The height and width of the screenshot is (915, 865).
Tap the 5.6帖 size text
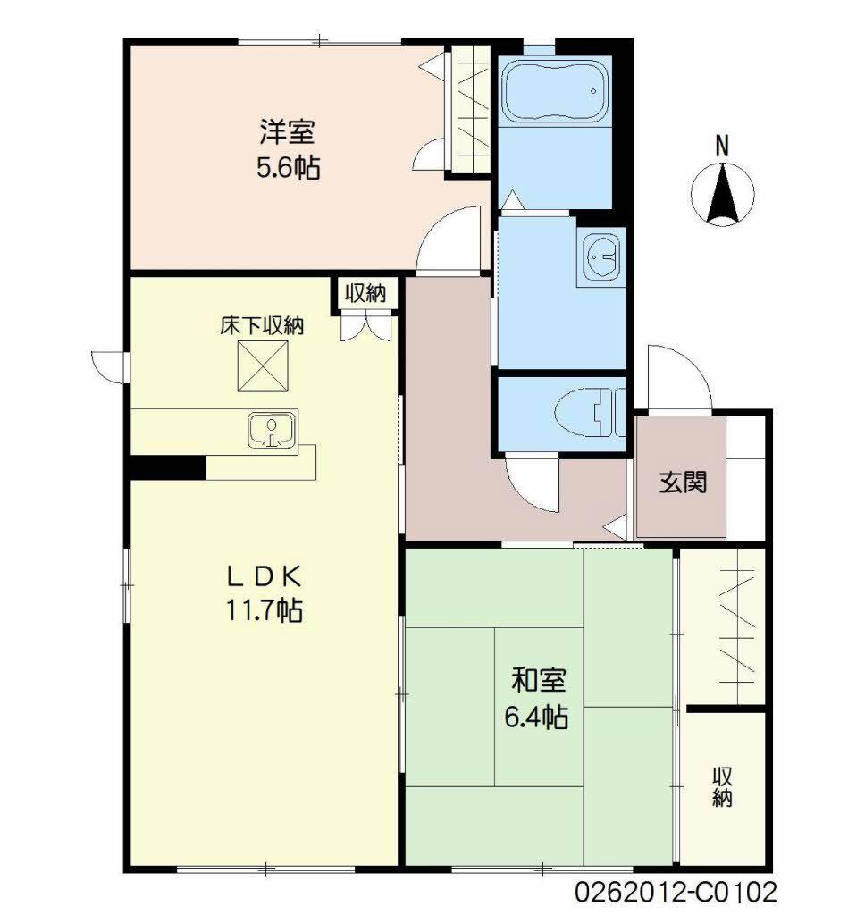coord(288,168)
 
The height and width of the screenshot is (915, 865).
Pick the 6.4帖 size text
coord(538,717)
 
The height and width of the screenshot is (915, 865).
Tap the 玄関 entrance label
coord(684,483)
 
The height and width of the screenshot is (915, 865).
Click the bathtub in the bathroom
coord(554,91)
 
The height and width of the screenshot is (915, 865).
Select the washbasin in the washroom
coord(600,258)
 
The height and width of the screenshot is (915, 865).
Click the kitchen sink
coord(272,431)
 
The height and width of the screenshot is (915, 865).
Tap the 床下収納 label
coord(262,326)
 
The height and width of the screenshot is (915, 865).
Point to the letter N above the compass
coord(723,145)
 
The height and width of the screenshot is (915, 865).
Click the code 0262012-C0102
coord(676,892)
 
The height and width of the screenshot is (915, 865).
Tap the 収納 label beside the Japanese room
coord(723,786)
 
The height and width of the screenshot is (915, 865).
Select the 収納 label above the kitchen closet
coord(366,292)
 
